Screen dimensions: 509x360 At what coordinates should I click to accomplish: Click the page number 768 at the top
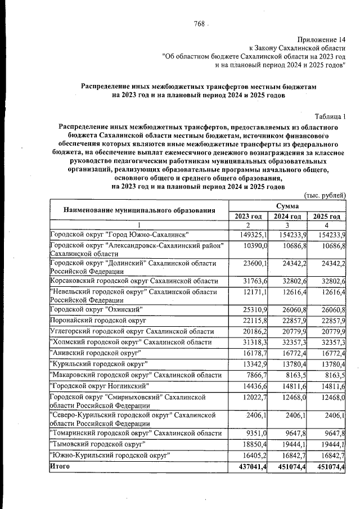[199, 24]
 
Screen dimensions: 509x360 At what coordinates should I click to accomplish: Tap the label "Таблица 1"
[330, 116]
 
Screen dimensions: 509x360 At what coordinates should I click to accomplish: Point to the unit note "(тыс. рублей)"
[325, 195]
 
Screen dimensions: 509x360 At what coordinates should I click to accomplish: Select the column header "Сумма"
[287, 206]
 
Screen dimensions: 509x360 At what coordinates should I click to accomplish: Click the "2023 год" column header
[248, 217]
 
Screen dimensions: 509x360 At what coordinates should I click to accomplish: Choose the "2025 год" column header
[327, 217]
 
